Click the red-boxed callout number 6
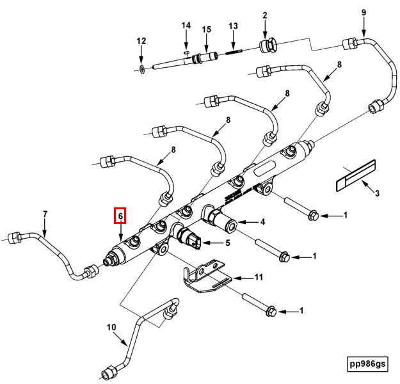point(120,216)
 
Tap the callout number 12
point(141,41)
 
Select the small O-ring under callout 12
point(142,69)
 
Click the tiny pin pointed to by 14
point(187,52)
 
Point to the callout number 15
point(206,29)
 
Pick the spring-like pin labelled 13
point(234,52)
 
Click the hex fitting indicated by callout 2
point(268,45)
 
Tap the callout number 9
point(364,13)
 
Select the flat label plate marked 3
point(356,175)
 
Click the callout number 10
point(111,327)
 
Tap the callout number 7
point(45,214)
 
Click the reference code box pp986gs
point(367,364)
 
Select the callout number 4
point(262,221)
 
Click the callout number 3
point(377,193)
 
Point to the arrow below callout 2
point(265,29)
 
